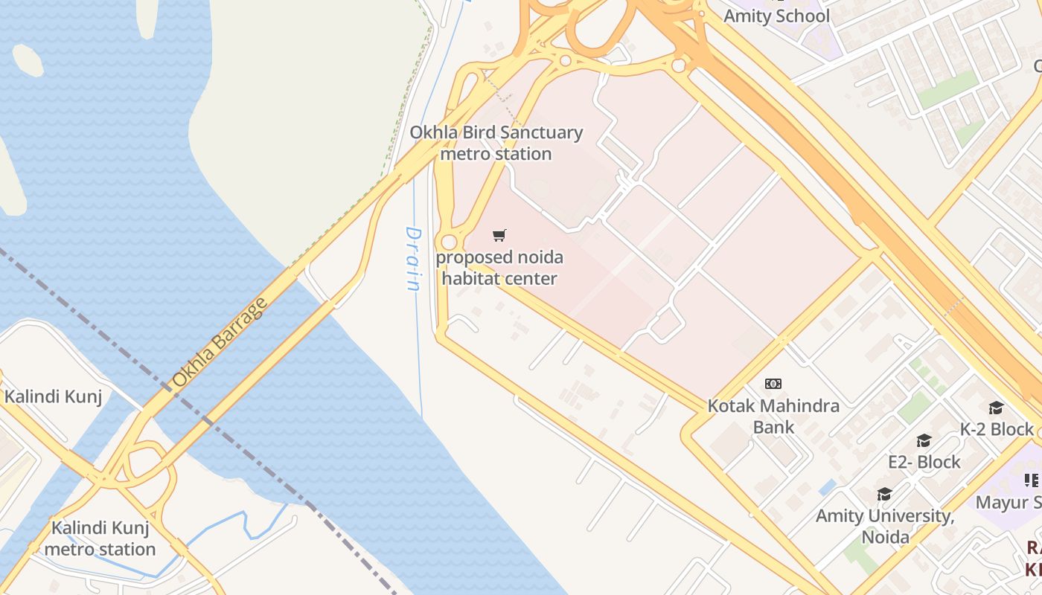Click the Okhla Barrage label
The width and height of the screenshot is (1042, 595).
click(219, 342)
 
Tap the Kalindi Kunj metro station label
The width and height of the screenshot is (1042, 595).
click(100, 539)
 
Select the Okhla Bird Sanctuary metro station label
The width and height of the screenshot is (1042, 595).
click(496, 143)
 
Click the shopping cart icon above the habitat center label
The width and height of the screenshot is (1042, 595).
click(499, 236)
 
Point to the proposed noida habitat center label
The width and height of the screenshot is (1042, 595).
click(499, 268)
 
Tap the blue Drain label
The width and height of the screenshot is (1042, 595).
click(414, 258)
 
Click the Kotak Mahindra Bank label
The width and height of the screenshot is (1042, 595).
click(773, 416)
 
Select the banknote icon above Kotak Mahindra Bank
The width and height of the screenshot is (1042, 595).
click(773, 384)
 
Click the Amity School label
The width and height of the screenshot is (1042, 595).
click(776, 16)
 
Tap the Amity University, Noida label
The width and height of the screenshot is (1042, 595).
click(885, 526)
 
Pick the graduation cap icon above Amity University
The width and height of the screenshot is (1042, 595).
click(884, 495)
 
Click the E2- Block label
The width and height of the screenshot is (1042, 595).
click(924, 462)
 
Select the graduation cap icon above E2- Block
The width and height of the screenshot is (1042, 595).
click(924, 441)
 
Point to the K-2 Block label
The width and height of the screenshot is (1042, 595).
click(997, 429)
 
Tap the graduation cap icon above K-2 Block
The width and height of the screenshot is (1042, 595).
click(996, 408)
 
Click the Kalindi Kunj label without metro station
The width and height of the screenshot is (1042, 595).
click(53, 396)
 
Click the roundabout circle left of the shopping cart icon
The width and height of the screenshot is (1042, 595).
click(449, 242)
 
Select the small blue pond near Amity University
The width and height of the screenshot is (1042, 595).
click(827, 487)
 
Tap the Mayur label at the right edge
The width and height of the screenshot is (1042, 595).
click(1009, 502)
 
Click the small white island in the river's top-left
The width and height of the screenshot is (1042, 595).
click(28, 59)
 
